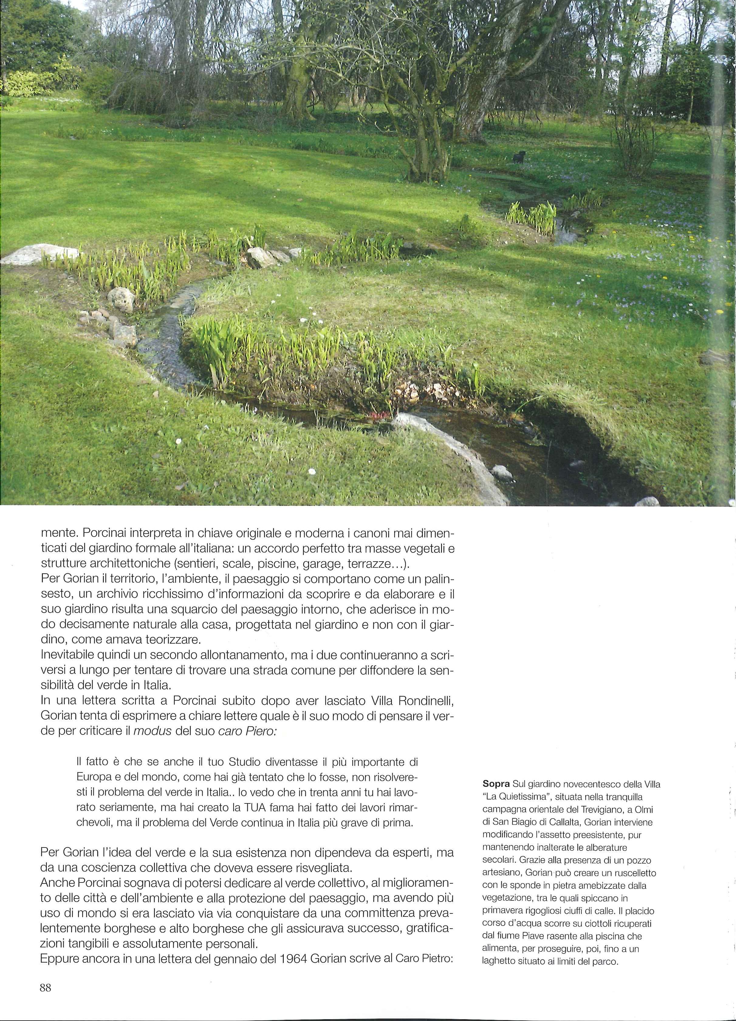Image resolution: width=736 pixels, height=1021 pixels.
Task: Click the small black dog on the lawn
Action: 519,157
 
